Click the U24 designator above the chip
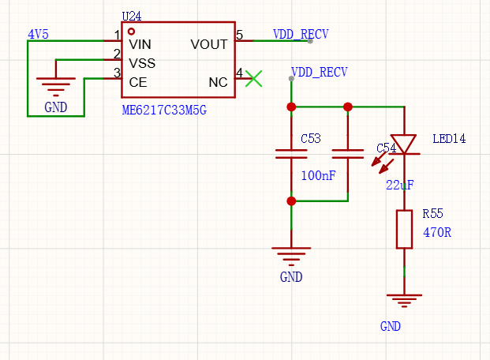click(x=132, y=17)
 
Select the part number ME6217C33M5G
click(x=164, y=111)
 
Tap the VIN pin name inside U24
click(x=140, y=44)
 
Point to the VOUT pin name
click(x=209, y=44)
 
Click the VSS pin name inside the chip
click(x=142, y=63)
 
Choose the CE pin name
click(x=138, y=83)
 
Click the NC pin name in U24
click(x=218, y=83)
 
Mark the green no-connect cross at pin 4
click(x=254, y=78)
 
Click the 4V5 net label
click(x=38, y=35)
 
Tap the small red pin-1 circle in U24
click(x=132, y=32)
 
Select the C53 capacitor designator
click(x=311, y=139)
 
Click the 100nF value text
click(x=318, y=176)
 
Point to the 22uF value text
click(x=400, y=186)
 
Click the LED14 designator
click(x=449, y=139)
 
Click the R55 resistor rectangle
click(x=404, y=229)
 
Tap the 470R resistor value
click(x=437, y=233)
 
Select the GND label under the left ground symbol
click(x=55, y=107)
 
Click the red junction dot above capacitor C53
click(x=291, y=107)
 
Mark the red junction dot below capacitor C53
click(x=291, y=201)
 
